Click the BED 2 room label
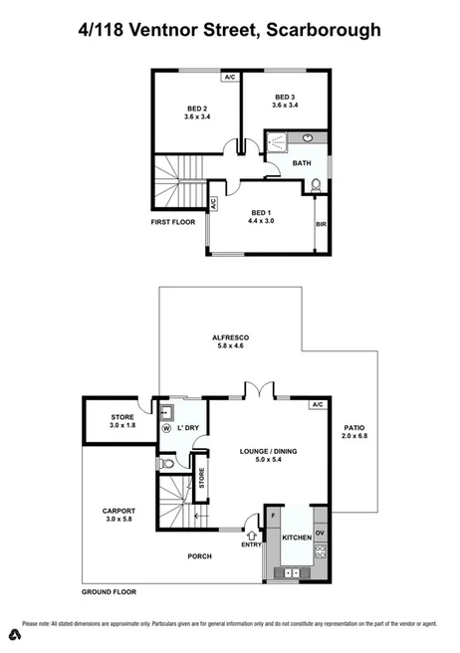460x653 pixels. [x=195, y=109]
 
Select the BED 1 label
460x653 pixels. [x=261, y=213]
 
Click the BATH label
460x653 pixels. [x=303, y=163]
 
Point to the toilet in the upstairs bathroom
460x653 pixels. [x=316, y=183]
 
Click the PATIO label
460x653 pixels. [x=354, y=427]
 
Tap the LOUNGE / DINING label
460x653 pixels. [x=242, y=453]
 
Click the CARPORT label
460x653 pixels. [x=118, y=512]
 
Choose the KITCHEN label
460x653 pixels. [x=297, y=538]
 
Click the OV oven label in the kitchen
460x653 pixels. [x=320, y=532]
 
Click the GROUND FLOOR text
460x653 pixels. [x=111, y=591]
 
